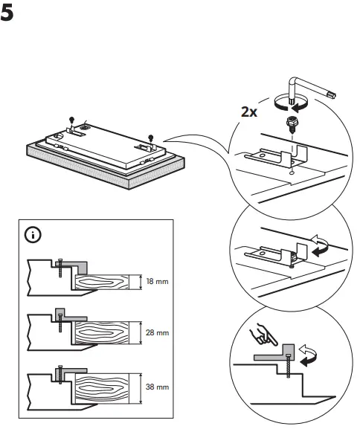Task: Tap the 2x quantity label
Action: point(249,113)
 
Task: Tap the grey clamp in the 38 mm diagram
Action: point(70,370)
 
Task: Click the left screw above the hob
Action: point(71,120)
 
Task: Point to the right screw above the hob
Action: point(150,136)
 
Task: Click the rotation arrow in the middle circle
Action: point(321,245)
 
